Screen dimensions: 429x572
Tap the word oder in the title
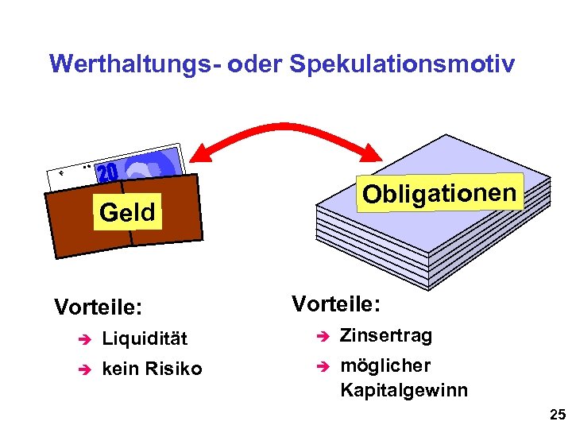tap(254, 64)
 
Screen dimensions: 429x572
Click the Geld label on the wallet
tap(127, 212)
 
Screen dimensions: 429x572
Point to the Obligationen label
tap(440, 192)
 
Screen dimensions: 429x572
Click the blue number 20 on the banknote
tap(108, 172)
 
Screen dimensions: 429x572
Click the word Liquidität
tap(145, 338)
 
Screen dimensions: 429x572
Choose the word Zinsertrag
tap(386, 335)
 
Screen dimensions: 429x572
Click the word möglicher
tap(385, 365)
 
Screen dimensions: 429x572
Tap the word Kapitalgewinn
tap(404, 390)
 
